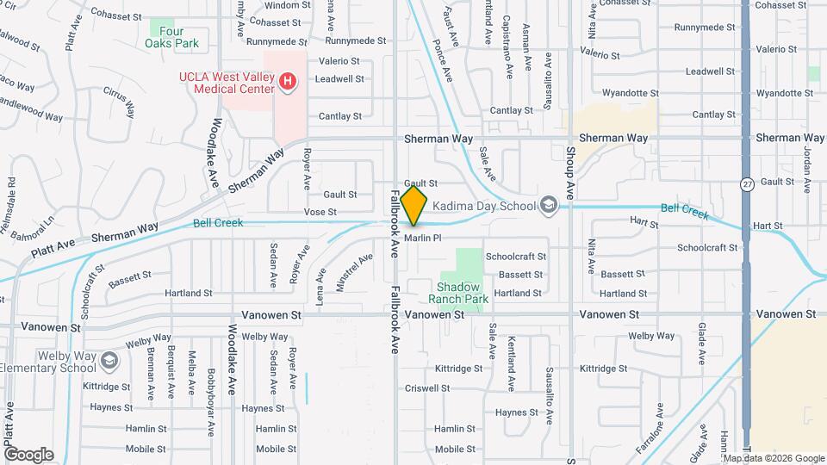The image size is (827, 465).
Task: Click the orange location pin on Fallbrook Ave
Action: click(414, 206)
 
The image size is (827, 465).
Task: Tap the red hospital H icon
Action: click(289, 83)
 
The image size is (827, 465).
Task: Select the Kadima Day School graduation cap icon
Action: click(548, 205)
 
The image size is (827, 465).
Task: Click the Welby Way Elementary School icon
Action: click(109, 360)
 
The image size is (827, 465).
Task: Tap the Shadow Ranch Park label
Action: click(457, 293)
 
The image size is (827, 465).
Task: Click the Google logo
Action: click(28, 454)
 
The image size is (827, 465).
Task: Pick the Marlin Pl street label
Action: click(423, 239)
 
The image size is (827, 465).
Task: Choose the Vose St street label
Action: click(320, 211)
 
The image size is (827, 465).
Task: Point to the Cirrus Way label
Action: click(120, 101)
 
